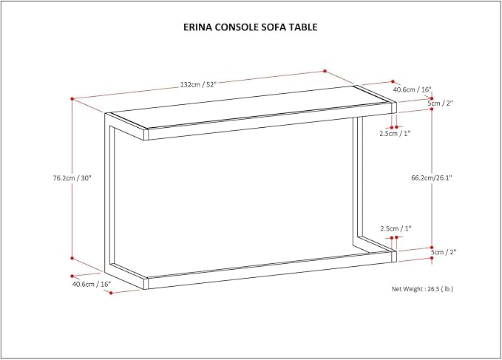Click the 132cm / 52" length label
[x=198, y=85]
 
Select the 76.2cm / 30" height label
[x=72, y=178]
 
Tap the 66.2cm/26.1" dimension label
[x=432, y=178]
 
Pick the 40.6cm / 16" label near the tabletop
[x=413, y=89]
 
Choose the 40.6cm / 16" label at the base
[x=92, y=284]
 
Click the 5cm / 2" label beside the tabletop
[x=441, y=103]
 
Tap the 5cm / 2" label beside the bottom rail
[x=443, y=252]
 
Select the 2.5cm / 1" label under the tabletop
[x=395, y=134]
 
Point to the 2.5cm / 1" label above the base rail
[x=396, y=228]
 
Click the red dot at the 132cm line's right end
[x=325, y=71]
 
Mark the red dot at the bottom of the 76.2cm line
[x=72, y=258]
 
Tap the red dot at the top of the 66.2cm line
[x=432, y=109]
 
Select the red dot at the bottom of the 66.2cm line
[x=432, y=248]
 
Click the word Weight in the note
[x=413, y=289]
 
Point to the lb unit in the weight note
[x=447, y=289]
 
